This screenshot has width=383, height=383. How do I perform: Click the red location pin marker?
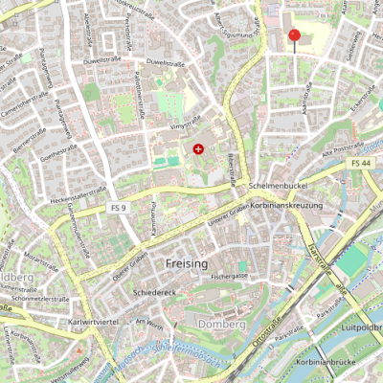[x=294, y=36]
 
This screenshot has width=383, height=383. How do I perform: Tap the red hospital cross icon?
[x=198, y=148]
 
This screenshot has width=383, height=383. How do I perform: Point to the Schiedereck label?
[x=155, y=292]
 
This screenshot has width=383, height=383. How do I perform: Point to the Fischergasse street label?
[x=230, y=276]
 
